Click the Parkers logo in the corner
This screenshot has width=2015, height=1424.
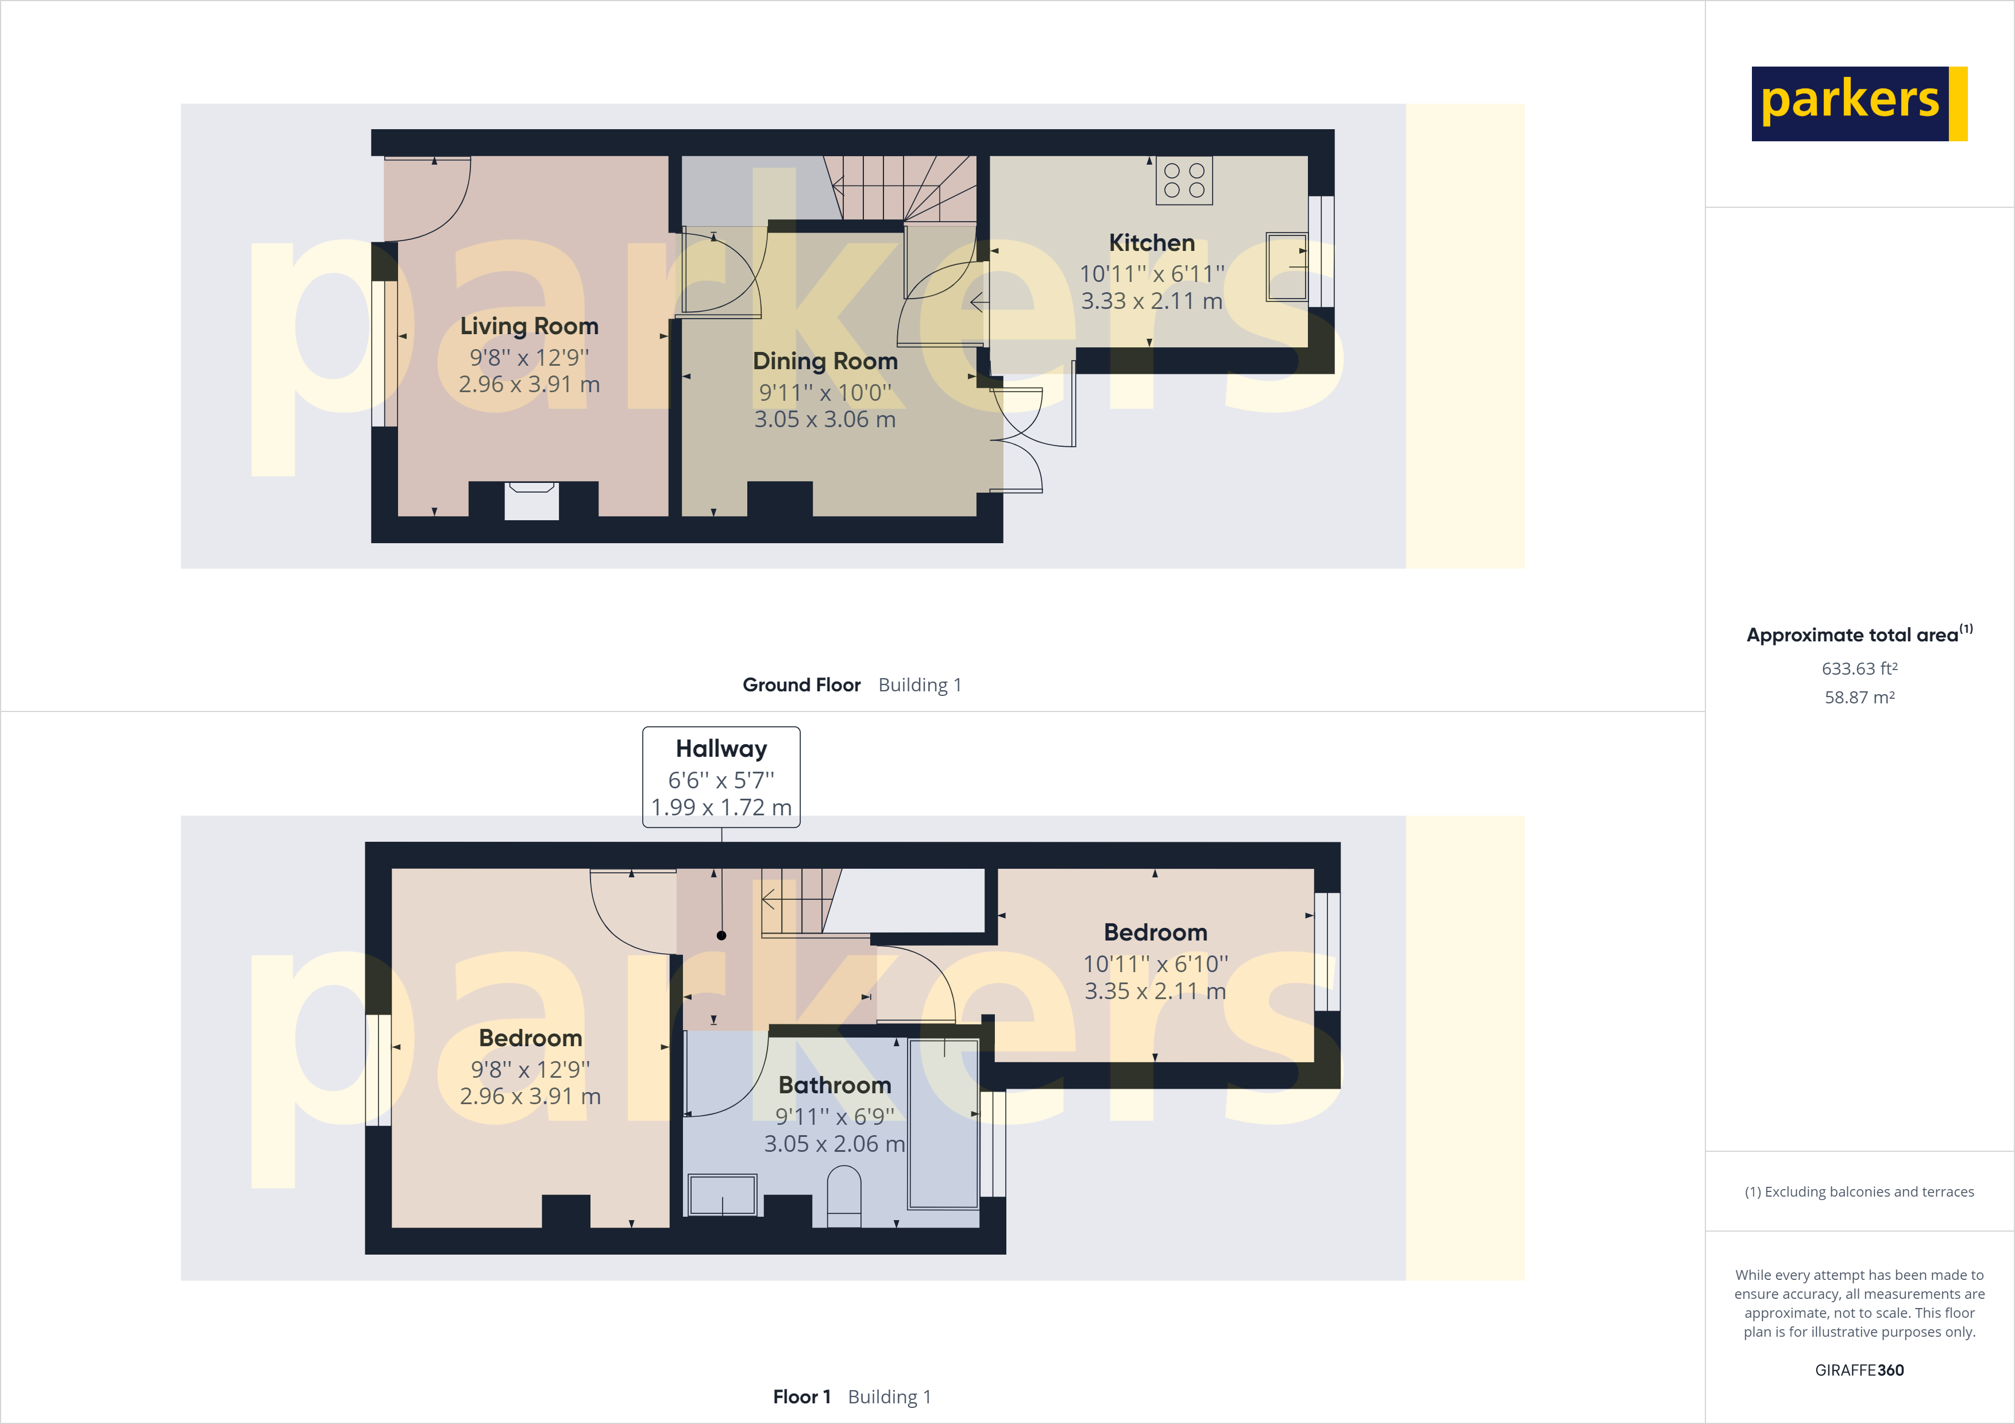[x=1859, y=103]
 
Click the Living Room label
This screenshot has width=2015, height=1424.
[x=529, y=326]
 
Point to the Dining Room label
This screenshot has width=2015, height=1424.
[x=825, y=362]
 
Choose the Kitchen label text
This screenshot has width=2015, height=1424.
[x=1152, y=243]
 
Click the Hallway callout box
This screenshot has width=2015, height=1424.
[x=721, y=776]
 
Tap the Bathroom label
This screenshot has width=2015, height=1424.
[x=835, y=1085]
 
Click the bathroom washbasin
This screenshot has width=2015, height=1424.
[x=722, y=1195]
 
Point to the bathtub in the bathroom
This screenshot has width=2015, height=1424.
[x=943, y=1123]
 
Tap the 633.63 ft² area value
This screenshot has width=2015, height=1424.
[x=1859, y=668]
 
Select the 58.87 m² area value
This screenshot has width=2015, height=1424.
[x=1859, y=698]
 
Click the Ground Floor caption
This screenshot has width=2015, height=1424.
[x=801, y=685]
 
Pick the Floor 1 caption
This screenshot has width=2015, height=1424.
[x=801, y=1397]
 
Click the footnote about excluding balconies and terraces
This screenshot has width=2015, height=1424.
[x=1859, y=1191]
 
